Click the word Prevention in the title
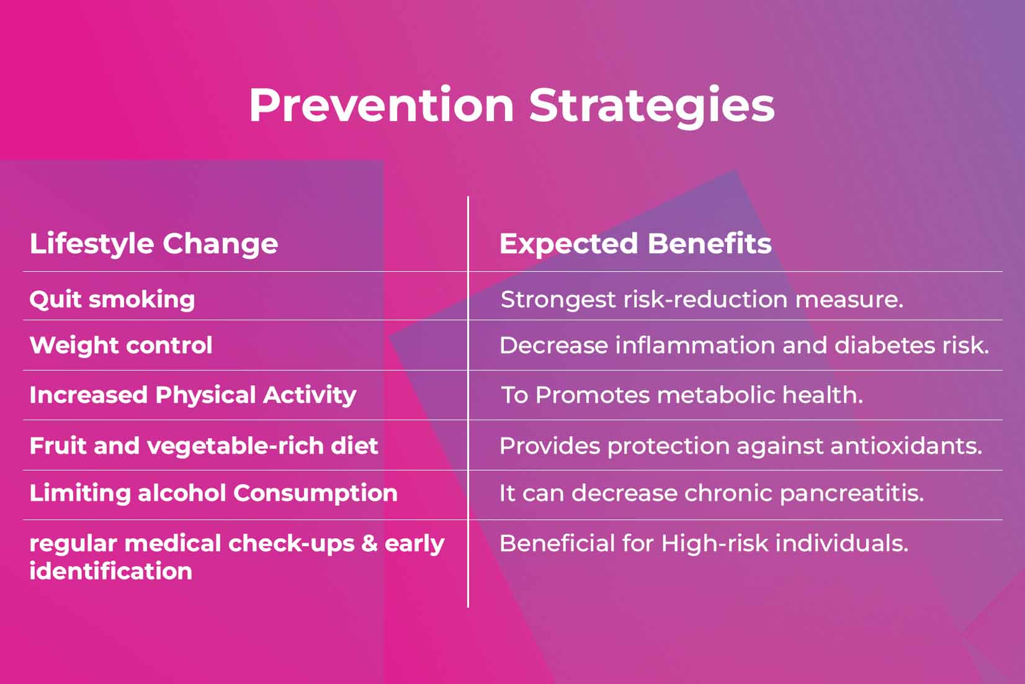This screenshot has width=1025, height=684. pos(381,105)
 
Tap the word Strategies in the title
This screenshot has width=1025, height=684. pos(651,105)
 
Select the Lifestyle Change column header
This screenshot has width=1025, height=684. pos(154,243)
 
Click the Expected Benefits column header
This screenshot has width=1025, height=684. pos(635,243)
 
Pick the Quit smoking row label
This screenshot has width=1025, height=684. pos(112,299)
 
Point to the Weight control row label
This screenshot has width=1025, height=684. pos(121,345)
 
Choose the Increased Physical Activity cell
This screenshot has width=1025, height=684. pos(193,395)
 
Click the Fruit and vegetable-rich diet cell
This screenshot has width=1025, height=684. pos(204,446)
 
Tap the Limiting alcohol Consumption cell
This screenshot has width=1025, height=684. pos(213,493)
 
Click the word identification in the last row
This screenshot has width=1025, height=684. pos(111,571)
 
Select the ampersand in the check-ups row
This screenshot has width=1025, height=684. pos(369,543)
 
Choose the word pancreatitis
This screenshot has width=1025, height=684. pos(851,493)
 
